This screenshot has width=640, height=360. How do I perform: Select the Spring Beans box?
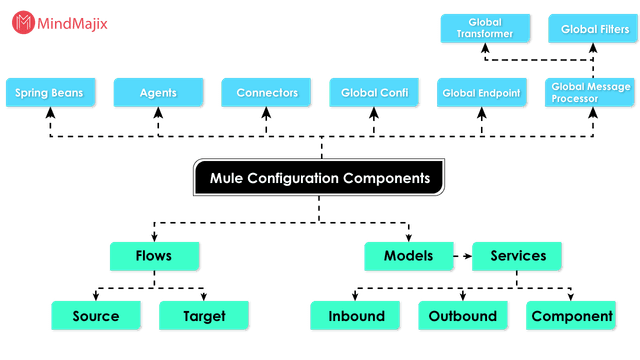[49, 93]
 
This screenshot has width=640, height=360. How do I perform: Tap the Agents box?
[158, 93]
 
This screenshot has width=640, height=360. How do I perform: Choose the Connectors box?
[267, 93]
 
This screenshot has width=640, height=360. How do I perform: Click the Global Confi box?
[375, 93]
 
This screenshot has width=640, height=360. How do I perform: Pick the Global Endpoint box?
[483, 93]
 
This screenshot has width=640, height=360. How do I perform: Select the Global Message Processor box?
[590, 93]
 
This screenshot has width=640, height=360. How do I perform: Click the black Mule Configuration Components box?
[319, 178]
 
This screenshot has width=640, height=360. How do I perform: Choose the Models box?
[408, 256]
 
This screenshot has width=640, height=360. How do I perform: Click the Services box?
[518, 256]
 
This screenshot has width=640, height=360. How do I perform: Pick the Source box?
[96, 316]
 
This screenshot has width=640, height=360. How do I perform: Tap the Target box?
[204, 316]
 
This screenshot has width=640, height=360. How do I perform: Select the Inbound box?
[356, 316]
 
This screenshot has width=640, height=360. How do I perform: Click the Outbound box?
[463, 316]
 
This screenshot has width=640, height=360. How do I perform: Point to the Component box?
[572, 316]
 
